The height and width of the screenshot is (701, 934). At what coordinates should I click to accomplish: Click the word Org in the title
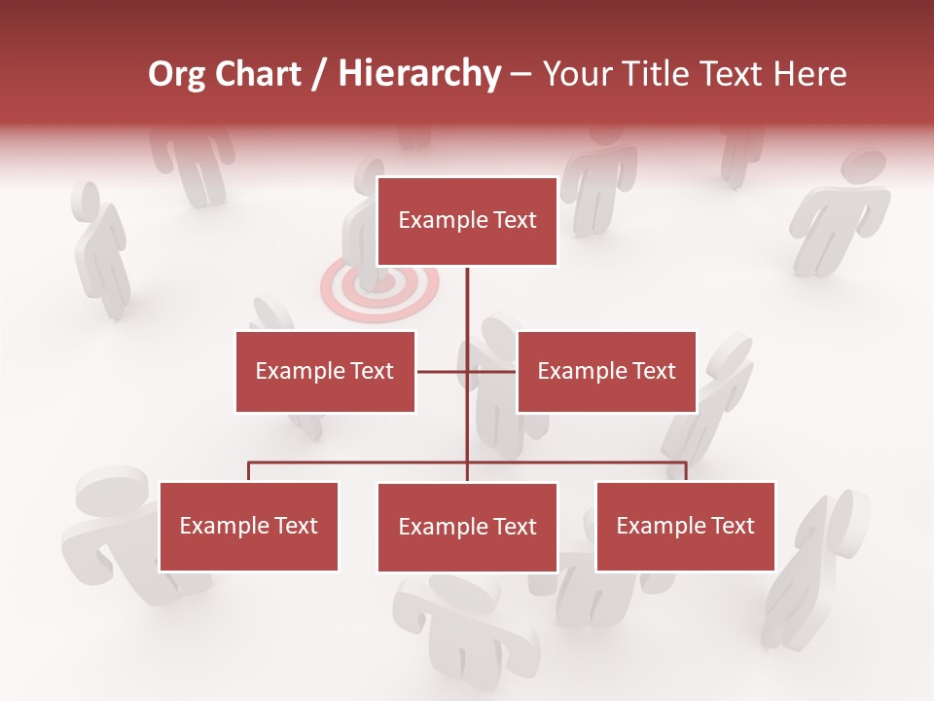[176, 74]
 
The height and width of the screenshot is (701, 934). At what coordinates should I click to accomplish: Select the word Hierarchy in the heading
[418, 74]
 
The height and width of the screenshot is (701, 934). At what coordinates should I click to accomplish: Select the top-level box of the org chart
[467, 221]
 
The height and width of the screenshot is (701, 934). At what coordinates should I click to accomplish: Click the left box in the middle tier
[325, 371]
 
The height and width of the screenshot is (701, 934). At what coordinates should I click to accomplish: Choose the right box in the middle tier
[606, 371]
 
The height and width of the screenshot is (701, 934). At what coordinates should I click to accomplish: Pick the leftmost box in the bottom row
[248, 526]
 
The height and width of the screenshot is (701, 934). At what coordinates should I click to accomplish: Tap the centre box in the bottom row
[467, 527]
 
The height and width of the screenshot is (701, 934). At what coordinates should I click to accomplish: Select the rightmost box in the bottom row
[685, 526]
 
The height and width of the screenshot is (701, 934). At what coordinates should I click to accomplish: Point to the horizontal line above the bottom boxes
[360, 462]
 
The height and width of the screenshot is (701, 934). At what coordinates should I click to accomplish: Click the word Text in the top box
[514, 220]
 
